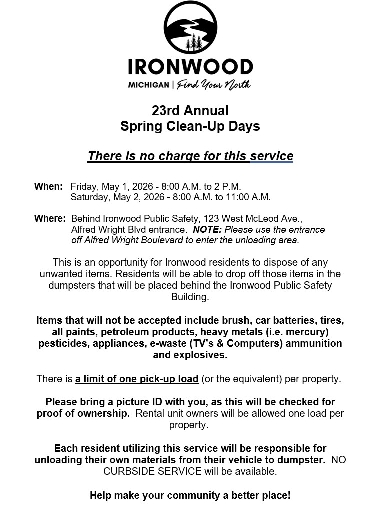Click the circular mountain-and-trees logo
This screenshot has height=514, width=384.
pos(190,28)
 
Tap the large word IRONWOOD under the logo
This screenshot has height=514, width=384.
pos(190,67)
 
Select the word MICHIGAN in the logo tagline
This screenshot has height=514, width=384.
pos(148,85)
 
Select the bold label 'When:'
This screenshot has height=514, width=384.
pos(48,187)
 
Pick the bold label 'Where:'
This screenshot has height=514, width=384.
pos(50,219)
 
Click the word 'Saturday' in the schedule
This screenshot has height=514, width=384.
pos(89,197)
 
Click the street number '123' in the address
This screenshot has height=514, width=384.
pos(210,219)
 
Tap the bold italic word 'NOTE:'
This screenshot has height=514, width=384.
pos(208,230)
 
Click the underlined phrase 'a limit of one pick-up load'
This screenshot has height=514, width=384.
pos(137,379)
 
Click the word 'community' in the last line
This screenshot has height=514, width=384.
pos(192,496)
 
